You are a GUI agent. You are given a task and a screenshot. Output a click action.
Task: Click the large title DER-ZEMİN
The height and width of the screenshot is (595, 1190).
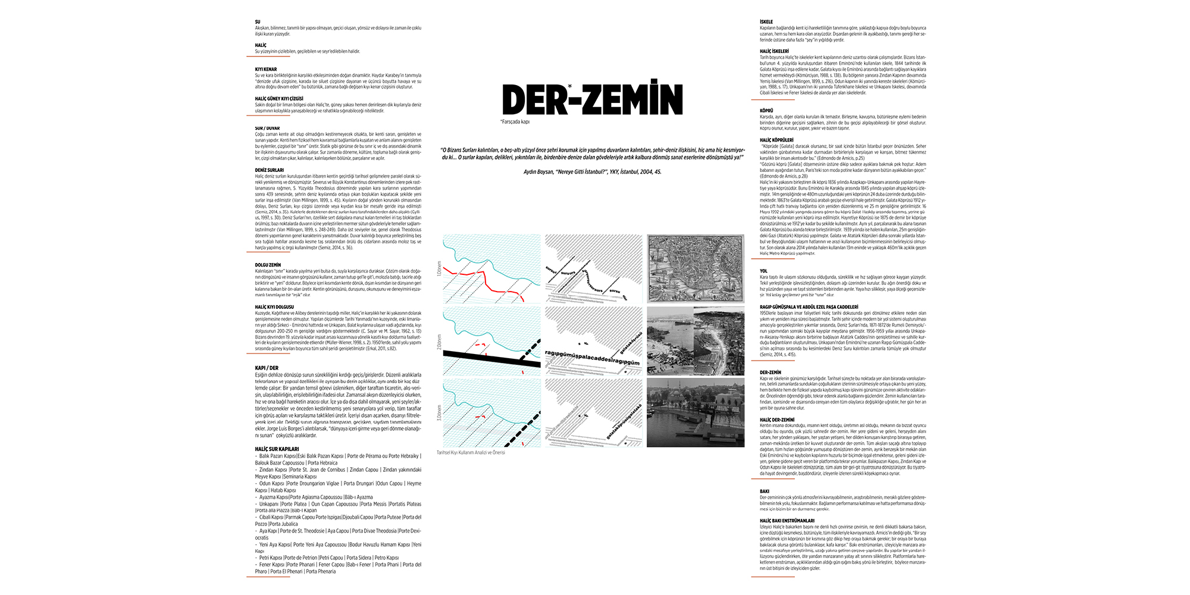593,99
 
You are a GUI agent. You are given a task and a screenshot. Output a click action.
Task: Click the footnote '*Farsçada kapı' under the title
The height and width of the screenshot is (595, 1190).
515,122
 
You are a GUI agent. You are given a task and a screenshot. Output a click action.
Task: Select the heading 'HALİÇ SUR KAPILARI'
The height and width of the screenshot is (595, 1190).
277,449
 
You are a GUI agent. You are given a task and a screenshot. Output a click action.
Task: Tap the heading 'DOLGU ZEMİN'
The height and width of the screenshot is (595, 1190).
268,265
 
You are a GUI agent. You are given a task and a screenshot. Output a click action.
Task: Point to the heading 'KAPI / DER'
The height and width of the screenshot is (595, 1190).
267,368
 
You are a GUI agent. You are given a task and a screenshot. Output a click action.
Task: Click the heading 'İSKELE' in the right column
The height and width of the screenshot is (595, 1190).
766,22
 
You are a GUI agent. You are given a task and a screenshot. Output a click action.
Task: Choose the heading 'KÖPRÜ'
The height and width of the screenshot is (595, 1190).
766,111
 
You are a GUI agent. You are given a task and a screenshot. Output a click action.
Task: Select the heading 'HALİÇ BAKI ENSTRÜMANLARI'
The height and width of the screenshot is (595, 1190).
787,521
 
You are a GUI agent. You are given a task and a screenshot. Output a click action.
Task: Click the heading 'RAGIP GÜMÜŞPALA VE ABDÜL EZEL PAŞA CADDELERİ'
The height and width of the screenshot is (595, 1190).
809,307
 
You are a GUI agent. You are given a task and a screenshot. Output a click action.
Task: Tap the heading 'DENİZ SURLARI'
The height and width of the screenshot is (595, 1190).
270,170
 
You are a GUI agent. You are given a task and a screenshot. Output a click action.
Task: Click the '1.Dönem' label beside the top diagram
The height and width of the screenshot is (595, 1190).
440,268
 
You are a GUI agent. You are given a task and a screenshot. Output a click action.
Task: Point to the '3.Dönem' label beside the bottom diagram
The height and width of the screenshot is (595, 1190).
440,413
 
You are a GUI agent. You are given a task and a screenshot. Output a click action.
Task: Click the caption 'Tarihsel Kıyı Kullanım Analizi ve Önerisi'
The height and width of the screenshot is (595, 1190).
471,453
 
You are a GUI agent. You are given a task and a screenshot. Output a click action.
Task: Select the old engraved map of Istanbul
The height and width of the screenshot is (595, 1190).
695,268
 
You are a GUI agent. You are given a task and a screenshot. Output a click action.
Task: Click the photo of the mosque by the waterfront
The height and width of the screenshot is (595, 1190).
695,413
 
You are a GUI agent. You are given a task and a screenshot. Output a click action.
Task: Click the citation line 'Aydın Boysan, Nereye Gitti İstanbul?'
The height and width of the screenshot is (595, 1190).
592,172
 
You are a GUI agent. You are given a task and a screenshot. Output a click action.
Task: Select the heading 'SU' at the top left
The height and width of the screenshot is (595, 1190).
258,22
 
